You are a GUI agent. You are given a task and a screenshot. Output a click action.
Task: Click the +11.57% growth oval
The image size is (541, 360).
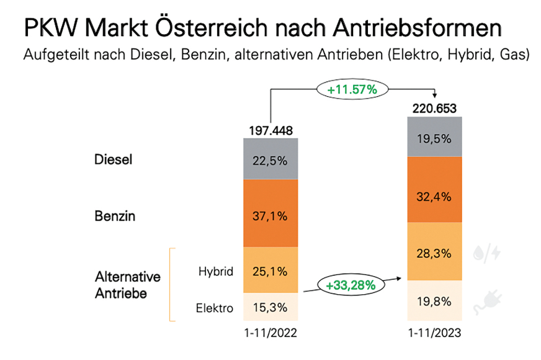click(x=352, y=89)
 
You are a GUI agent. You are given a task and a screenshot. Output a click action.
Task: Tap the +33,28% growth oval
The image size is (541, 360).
click(x=351, y=285)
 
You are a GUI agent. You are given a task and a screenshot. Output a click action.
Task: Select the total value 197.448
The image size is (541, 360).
click(x=271, y=131)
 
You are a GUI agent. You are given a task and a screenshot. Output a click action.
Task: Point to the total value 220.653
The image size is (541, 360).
click(x=434, y=109)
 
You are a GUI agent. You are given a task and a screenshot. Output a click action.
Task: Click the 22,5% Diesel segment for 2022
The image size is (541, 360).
click(x=270, y=159)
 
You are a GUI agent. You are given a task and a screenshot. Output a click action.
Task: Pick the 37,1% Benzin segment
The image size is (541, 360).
click(x=270, y=213)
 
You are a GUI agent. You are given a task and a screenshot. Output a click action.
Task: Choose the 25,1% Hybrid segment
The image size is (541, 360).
click(x=270, y=270)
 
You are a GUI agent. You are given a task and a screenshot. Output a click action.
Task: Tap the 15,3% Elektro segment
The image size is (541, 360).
click(x=270, y=307)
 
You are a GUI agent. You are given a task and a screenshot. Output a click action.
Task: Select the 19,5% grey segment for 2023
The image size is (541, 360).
click(x=434, y=137)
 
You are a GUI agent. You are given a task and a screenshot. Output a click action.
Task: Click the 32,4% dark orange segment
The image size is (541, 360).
click(x=434, y=189)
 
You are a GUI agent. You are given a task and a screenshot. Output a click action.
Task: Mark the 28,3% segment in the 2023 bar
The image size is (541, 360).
click(x=434, y=251)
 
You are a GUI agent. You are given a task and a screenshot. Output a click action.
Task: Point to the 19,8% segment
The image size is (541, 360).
click(x=434, y=300)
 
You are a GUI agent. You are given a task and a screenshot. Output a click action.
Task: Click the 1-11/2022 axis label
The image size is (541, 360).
click(x=270, y=333)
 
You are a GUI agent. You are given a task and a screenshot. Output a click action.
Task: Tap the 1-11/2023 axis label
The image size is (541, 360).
click(x=434, y=333)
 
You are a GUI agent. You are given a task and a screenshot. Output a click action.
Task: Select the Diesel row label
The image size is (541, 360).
click(x=113, y=160)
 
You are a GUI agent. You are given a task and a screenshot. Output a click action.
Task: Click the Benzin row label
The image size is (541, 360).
click(x=115, y=216)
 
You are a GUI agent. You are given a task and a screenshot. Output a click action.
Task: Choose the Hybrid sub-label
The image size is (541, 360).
click(x=216, y=271)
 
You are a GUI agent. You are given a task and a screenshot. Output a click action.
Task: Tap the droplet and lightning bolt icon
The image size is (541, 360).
click(x=487, y=254)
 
